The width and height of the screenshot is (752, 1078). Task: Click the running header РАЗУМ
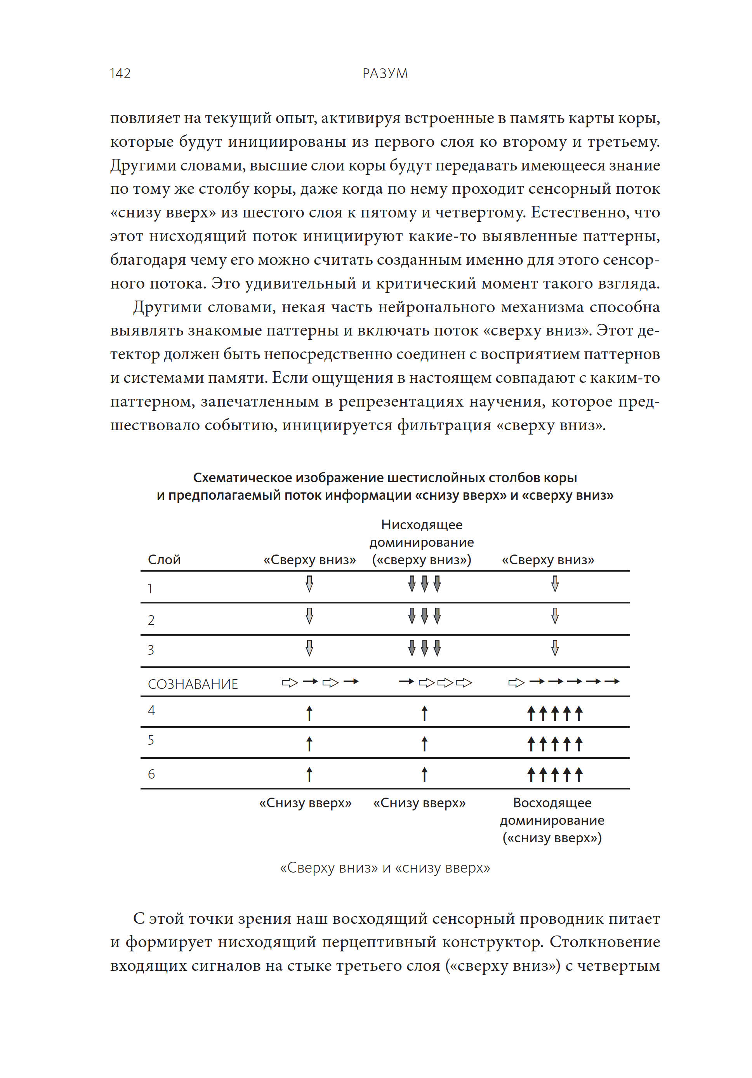384,73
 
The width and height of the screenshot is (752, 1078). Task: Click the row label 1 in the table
150,588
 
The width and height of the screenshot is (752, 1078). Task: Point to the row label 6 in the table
151,774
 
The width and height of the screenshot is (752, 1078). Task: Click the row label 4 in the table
151,710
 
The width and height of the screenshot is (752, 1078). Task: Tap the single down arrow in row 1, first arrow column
309,584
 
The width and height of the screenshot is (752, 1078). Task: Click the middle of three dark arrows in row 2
424,616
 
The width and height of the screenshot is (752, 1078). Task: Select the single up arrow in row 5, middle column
424,744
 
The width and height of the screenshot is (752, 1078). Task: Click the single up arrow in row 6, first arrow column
309,774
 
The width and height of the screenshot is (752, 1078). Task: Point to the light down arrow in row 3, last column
554,648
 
